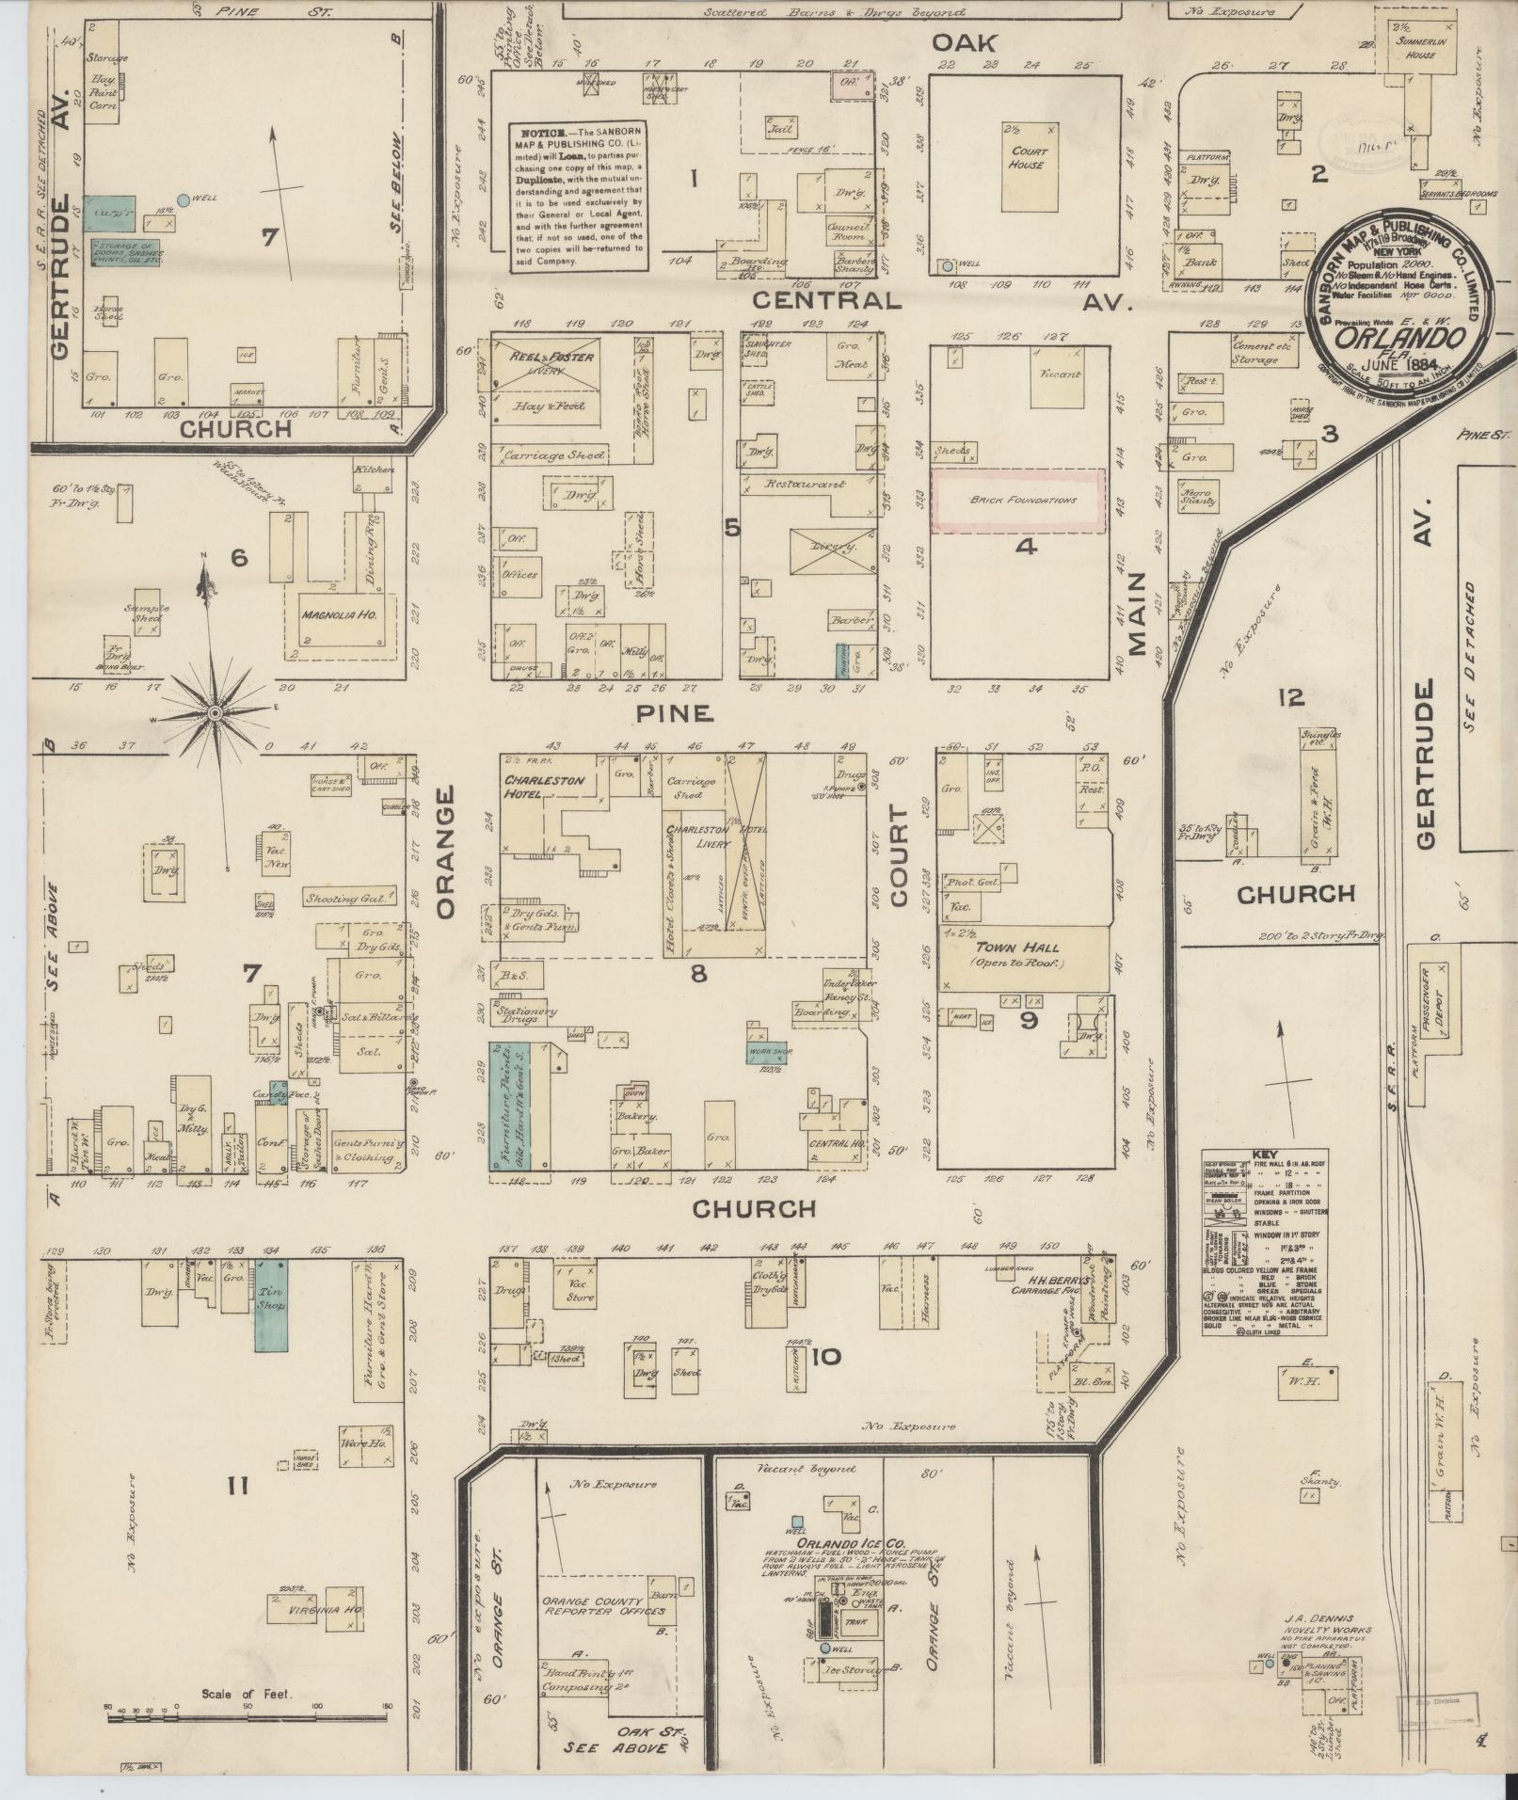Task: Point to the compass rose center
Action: click(216, 714)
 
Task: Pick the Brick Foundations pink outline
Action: click(1017, 501)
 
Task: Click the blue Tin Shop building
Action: click(272, 1305)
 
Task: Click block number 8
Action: click(698, 974)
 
